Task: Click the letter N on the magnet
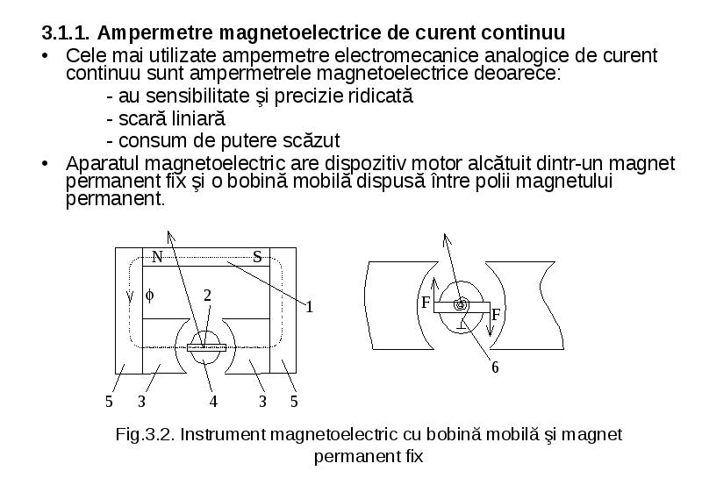pos(157,257)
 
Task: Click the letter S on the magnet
pos(257,257)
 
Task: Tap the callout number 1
pos(309,307)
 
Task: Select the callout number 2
pos(207,296)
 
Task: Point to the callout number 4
pos(213,402)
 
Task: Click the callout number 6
pos(495,367)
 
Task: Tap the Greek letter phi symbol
pos(149,296)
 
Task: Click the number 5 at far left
pos(109,402)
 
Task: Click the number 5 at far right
pos(294,402)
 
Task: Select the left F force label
pos(426,303)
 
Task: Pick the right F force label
pos(496,315)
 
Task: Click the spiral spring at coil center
pos(460,304)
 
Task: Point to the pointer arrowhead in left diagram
pos(170,236)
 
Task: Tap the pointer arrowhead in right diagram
pos(447,239)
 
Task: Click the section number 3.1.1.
pos(66,33)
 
